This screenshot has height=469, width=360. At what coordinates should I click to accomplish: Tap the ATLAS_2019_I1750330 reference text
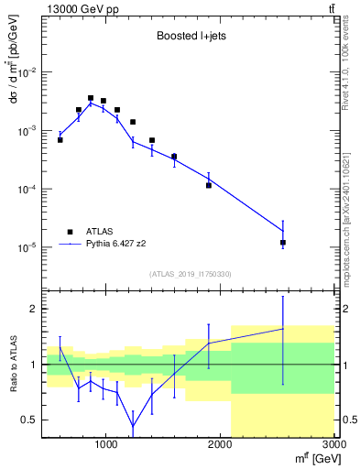[191, 274]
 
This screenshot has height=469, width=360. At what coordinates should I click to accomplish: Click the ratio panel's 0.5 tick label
[29, 420]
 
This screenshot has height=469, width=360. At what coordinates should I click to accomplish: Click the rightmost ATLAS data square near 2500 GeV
[283, 243]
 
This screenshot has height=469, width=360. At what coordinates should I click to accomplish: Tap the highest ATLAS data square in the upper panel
[91, 98]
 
